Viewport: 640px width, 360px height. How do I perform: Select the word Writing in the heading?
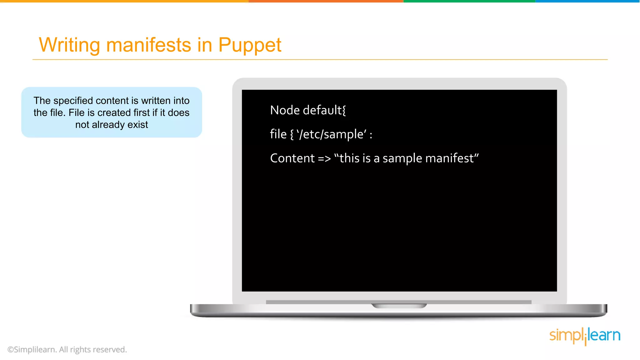click(69, 45)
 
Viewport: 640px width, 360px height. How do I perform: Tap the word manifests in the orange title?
click(148, 45)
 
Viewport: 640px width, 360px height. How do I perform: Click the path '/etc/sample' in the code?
click(332, 134)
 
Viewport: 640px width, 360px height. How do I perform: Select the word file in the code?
click(278, 134)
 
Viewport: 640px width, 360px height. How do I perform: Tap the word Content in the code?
click(292, 158)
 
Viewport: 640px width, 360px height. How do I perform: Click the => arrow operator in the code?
click(324, 159)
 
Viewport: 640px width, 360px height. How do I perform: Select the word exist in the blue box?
click(137, 125)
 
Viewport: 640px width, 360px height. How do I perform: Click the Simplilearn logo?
click(585, 336)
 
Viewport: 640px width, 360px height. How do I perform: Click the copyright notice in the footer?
click(67, 349)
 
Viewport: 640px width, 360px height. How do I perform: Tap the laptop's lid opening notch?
click(399, 306)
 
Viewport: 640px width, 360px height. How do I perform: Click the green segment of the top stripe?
click(469, 1)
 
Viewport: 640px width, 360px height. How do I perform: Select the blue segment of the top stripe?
click(587, 1)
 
